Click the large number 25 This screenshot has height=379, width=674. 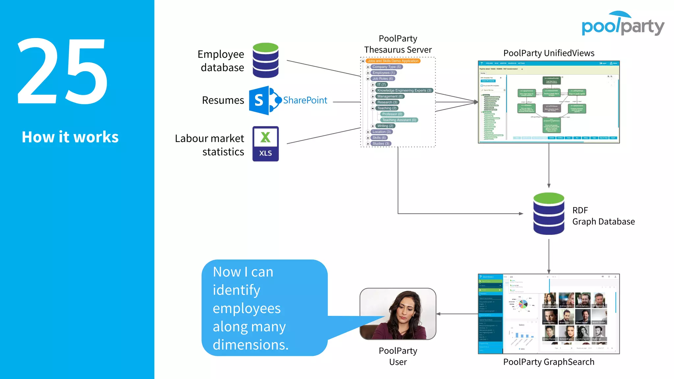63,71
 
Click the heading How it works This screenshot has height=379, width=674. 70,137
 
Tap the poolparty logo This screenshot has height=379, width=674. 623,25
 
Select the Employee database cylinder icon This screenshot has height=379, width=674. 266,60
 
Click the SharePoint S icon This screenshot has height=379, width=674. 259,100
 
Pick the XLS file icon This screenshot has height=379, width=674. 266,144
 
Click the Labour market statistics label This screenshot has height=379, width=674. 210,145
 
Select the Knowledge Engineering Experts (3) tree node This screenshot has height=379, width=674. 404,90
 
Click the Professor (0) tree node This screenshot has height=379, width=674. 392,114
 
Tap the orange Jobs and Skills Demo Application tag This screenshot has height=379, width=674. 393,61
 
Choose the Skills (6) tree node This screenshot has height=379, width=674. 379,138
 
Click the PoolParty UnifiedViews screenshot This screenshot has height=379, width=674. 549,102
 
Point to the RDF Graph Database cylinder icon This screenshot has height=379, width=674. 549,214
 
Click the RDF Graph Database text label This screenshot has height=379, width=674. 603,216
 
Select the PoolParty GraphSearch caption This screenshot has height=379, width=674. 549,362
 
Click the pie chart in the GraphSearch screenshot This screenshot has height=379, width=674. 523,304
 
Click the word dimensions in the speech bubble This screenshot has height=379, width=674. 250,345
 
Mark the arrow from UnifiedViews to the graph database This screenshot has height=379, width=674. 549,166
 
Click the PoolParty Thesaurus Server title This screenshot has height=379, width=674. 398,44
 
